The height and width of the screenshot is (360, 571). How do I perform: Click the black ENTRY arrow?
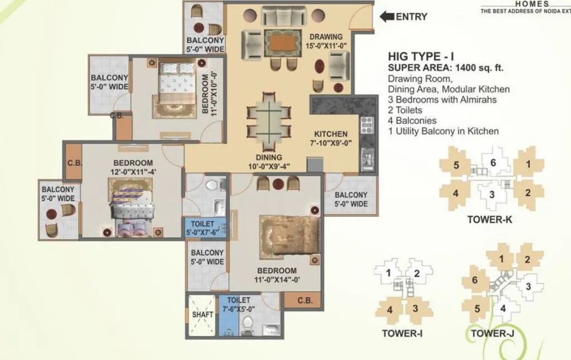(x=386, y=17)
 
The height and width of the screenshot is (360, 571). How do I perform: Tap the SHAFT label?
(x=202, y=314)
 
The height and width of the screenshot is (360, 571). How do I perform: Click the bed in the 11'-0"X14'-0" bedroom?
(x=289, y=235)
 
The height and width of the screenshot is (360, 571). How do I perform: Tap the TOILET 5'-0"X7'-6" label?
(x=206, y=227)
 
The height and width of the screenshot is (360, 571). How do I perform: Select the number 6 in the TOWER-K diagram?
(x=493, y=163)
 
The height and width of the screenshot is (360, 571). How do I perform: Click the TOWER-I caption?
(x=399, y=333)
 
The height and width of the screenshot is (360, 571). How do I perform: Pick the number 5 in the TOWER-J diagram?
(x=477, y=309)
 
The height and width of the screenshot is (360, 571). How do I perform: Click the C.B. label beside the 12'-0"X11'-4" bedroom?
(x=74, y=163)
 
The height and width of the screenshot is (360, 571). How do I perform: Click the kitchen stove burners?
(x=366, y=126)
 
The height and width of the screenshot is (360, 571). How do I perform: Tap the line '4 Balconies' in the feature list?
(x=412, y=120)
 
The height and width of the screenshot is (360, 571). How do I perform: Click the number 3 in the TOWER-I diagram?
(x=415, y=308)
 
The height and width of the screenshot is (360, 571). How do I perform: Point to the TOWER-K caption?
(x=489, y=220)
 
